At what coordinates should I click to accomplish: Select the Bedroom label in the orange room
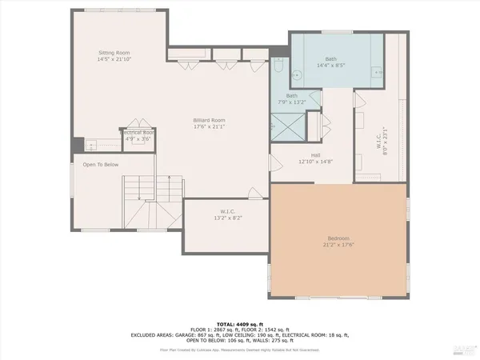[x=338, y=238]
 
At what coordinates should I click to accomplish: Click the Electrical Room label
[x=138, y=132]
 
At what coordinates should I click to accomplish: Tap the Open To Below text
[x=101, y=164]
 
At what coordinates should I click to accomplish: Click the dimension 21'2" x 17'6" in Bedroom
[x=338, y=245]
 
